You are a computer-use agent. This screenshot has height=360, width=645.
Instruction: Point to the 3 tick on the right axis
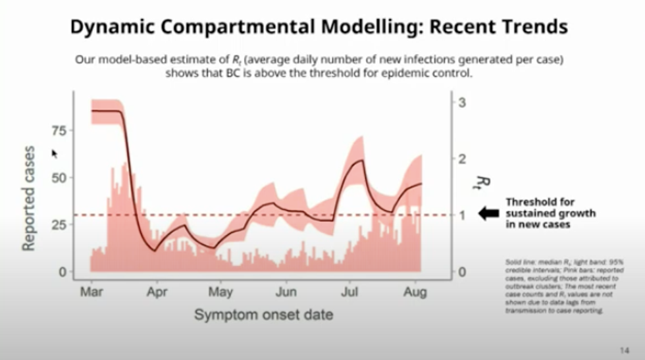(463, 102)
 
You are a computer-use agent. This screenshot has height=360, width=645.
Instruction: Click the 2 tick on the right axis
(463, 159)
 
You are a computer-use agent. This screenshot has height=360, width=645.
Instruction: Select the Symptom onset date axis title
(263, 315)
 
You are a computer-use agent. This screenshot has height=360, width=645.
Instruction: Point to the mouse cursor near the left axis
(55, 153)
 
